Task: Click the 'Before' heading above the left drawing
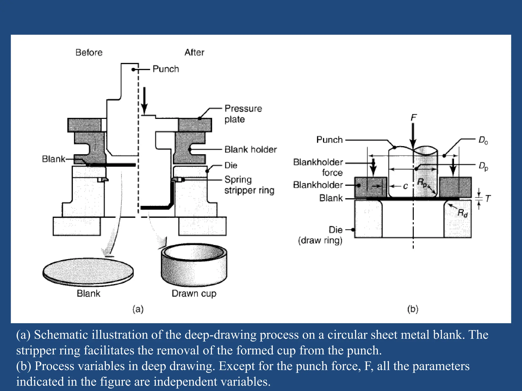[89, 52]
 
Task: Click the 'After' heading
[194, 52]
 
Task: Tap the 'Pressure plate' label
[243, 114]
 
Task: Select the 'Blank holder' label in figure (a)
[250, 149]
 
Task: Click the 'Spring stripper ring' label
[249, 185]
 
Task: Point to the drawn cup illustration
[194, 265]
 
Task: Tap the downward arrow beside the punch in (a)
[144, 101]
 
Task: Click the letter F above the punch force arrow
[413, 117]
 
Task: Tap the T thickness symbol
[488, 198]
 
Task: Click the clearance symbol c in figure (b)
[405, 186]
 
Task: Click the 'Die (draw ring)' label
[320, 235]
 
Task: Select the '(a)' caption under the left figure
[138, 309]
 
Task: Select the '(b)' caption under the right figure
[413, 309]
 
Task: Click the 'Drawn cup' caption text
[194, 294]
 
